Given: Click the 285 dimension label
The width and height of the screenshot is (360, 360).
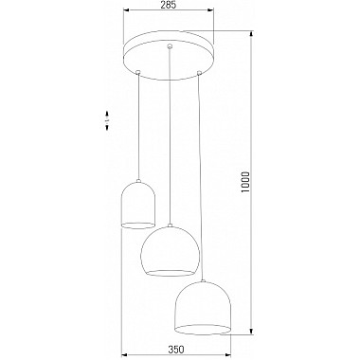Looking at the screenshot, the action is (168, 5).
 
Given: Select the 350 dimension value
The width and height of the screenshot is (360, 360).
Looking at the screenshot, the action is (176, 350).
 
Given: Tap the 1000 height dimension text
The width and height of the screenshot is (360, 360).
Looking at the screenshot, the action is (245, 183).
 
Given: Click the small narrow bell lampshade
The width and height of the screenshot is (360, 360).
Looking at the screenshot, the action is (138, 204).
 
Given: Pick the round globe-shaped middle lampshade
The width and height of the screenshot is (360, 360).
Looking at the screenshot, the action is (170, 251).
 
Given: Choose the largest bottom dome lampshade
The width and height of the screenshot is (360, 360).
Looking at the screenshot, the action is (203, 308).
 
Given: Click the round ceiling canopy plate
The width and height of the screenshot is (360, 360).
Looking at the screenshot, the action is (169, 56).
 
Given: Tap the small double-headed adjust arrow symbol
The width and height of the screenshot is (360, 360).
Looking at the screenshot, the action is (107, 120).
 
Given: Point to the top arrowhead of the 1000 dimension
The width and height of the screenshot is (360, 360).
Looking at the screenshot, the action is (251, 34).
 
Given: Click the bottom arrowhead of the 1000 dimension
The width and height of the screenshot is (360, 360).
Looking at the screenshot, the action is (251, 331).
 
